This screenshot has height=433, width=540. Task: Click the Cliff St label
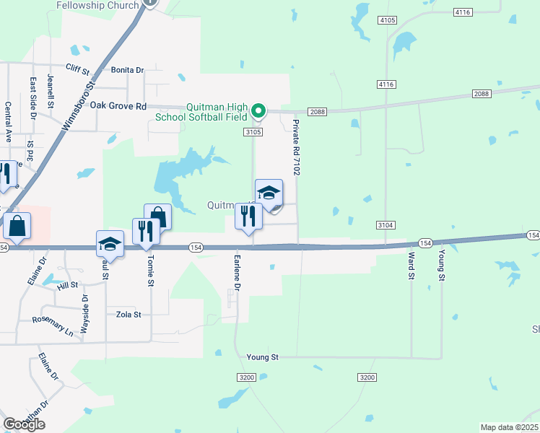click(x=77, y=71)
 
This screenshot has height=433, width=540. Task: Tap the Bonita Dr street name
click(x=128, y=70)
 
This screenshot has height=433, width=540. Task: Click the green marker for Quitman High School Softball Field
click(x=259, y=112)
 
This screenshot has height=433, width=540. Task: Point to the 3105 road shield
click(x=252, y=132)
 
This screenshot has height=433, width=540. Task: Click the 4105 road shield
click(x=387, y=20)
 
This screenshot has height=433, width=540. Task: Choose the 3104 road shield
click(x=386, y=226)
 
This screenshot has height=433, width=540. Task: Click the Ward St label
click(x=411, y=266)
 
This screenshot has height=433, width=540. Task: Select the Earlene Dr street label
click(x=237, y=271)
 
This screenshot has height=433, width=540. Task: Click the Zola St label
click(x=128, y=315)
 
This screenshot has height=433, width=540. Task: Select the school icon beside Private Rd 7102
click(x=269, y=193)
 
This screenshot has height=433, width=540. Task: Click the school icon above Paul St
click(x=110, y=243)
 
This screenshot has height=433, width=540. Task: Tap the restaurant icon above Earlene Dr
click(x=248, y=216)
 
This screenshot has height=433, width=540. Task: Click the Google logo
click(x=24, y=424)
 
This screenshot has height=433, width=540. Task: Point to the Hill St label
click(x=67, y=286)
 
